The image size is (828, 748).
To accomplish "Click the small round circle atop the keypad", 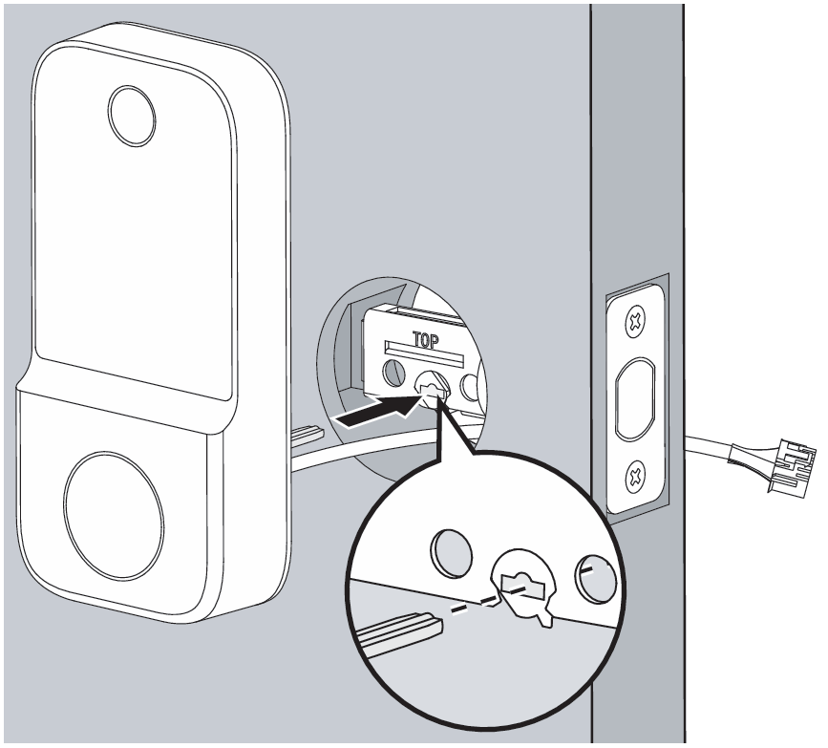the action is (x=132, y=116).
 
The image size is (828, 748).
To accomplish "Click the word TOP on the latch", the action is (x=425, y=341).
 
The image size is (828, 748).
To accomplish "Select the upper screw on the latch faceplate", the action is (x=635, y=320).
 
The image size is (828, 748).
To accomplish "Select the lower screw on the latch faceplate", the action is (x=636, y=477).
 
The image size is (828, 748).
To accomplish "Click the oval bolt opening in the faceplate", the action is (x=635, y=398).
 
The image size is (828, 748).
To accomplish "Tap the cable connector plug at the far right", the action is (x=792, y=466).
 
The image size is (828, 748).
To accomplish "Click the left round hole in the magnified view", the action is (x=452, y=552).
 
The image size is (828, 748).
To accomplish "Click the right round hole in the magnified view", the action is (x=596, y=579).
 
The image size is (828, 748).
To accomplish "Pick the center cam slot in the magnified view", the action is (x=521, y=583).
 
